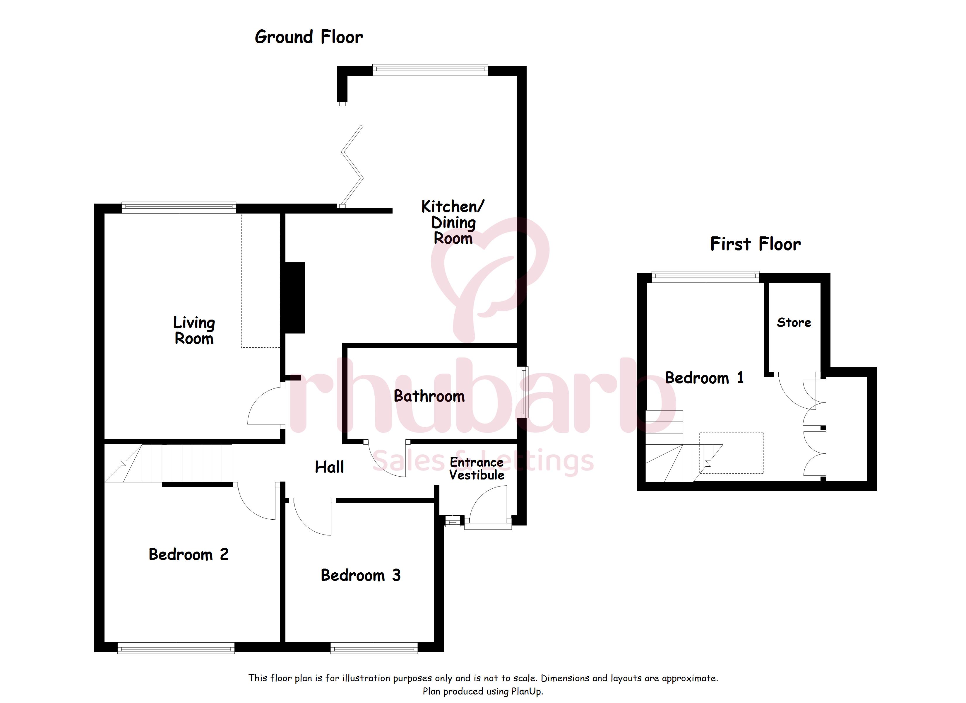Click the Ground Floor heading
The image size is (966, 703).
point(309,37)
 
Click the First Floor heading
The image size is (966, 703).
point(755,244)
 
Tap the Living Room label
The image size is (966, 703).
point(194,330)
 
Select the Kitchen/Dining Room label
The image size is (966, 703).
point(453,222)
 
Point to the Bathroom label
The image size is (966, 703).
point(429,396)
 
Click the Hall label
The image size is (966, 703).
point(329,467)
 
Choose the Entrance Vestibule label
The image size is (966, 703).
point(477,469)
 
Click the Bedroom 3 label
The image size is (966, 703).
point(361,576)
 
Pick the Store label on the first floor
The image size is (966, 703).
point(794,323)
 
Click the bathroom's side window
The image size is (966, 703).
point(523,392)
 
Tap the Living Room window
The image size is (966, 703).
point(179,208)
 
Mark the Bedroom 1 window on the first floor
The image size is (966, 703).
point(705,277)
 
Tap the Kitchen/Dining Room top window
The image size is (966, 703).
point(430,70)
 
